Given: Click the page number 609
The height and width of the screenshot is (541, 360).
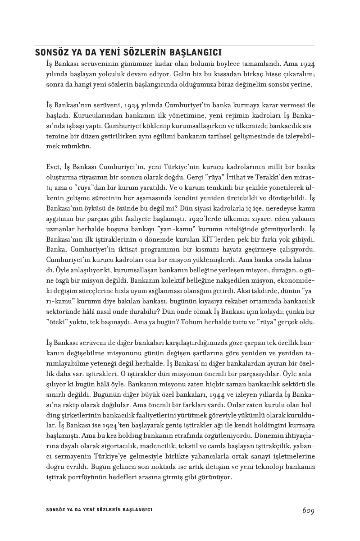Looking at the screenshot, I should click(308, 510).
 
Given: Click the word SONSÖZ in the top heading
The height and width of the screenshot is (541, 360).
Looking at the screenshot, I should click(50, 53).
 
